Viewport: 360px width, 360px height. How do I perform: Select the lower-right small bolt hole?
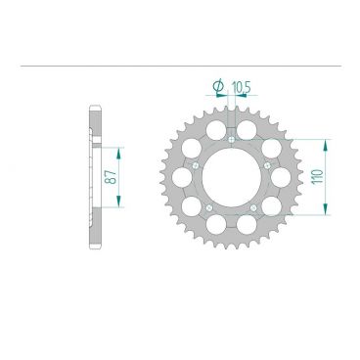252,206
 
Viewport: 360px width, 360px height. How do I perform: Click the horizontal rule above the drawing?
180,67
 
